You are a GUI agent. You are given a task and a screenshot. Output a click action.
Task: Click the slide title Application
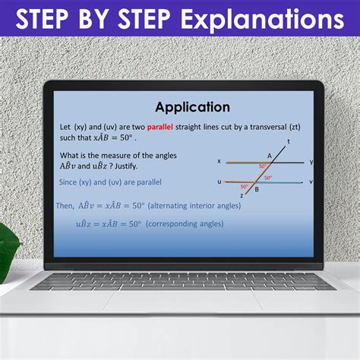coord(192,107)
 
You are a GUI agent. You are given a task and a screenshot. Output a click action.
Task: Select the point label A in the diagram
coord(270,155)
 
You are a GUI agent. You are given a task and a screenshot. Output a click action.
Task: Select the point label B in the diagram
coord(257,190)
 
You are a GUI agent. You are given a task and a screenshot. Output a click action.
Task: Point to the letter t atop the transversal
coord(289,142)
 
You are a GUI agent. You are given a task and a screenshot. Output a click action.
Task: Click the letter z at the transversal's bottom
coord(242,195)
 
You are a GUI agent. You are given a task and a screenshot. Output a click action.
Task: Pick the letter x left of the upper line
coord(219,161)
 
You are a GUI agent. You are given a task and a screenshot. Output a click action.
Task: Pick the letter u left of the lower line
coord(219,182)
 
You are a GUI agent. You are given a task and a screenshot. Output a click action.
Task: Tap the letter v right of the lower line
coord(311,182)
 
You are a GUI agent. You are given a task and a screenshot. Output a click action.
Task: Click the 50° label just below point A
coord(262,166)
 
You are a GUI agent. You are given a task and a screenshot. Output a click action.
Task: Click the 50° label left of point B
coord(245,186)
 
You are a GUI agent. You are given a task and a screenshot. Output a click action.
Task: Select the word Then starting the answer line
coord(65,206)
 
